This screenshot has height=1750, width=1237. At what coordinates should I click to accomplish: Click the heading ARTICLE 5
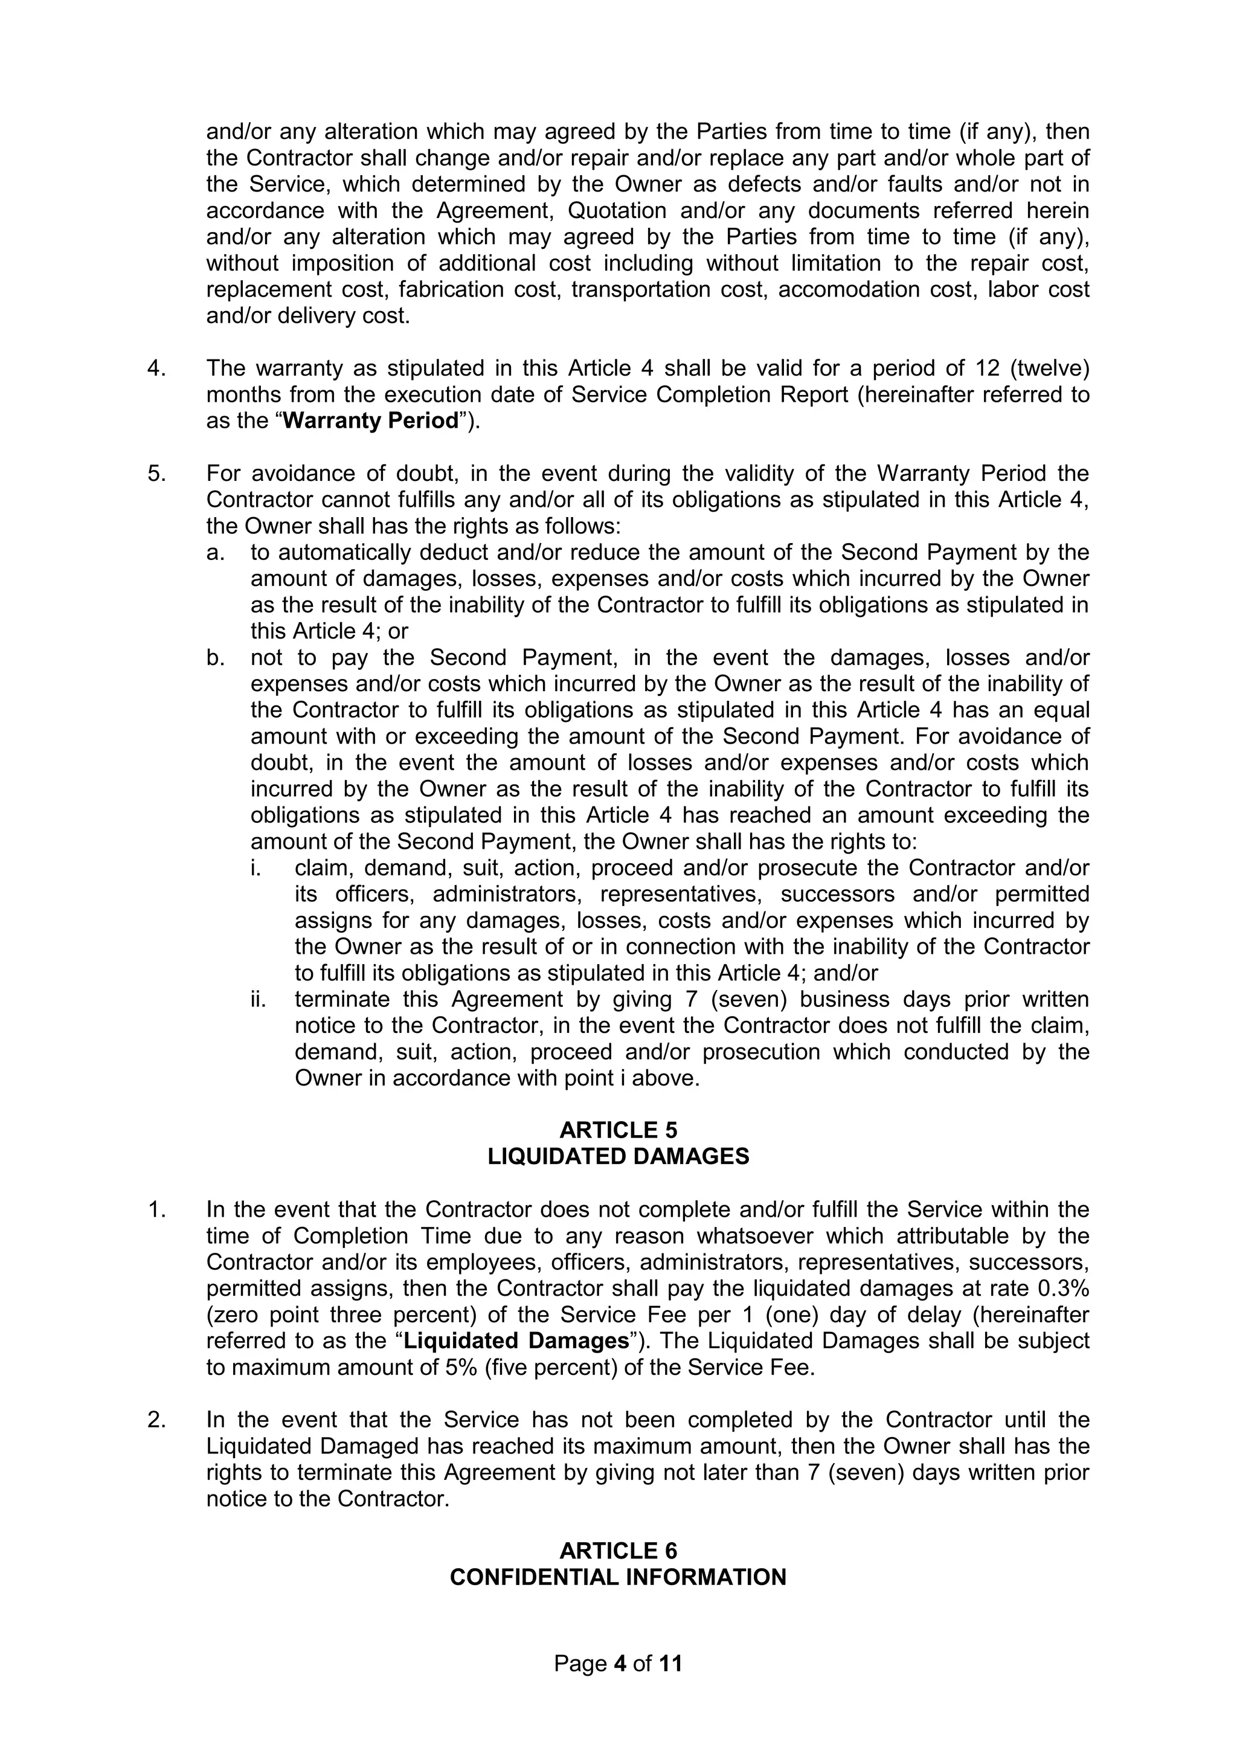pos(618,1130)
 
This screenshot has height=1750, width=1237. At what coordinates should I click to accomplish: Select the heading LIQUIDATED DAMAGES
pos(618,1156)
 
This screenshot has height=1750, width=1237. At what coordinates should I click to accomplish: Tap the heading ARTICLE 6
pos(618,1550)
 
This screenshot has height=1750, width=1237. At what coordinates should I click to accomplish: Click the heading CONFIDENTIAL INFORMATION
pos(618,1577)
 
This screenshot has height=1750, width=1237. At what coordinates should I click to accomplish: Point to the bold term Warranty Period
pos(370,420)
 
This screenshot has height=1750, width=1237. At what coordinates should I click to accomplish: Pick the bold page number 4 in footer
pos(620,1663)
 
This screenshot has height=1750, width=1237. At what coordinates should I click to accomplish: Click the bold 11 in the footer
pos(670,1663)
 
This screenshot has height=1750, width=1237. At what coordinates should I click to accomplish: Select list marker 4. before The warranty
pos(156,368)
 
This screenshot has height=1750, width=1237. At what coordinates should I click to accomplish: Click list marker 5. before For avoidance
pos(156,474)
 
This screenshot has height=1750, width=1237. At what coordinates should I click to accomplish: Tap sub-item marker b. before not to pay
pos(215,657)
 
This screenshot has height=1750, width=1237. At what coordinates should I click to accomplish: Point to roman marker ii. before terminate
pos(259,999)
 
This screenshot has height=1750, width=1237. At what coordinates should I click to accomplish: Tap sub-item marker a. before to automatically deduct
pos(215,552)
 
